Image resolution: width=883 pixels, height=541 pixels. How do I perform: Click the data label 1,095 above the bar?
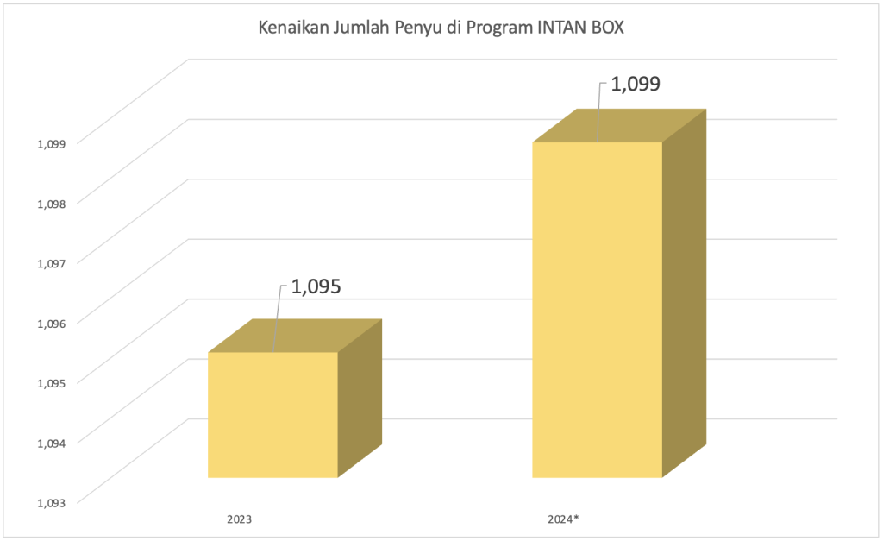[x=316, y=286]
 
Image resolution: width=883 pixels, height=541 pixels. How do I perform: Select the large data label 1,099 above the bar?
[x=636, y=85]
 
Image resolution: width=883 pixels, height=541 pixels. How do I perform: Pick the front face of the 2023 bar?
[x=272, y=414]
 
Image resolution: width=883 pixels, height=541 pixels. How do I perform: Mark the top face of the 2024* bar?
[x=619, y=125]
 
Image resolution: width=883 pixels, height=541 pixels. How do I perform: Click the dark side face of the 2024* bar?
[x=684, y=293]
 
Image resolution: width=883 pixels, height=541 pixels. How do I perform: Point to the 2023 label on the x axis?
[x=239, y=520]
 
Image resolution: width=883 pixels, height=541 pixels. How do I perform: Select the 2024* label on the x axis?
[x=563, y=520]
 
